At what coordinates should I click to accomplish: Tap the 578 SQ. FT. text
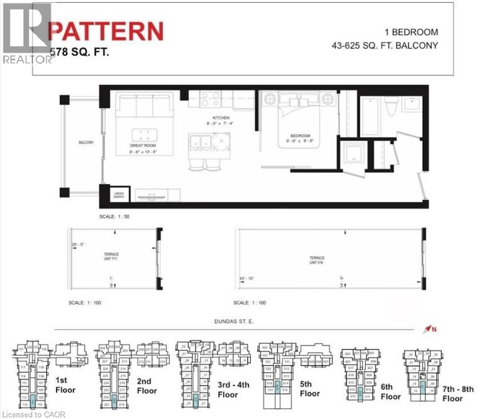pos(79,52)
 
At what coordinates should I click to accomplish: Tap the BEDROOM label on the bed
pos(299,136)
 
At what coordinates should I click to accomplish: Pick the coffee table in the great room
pos(144,136)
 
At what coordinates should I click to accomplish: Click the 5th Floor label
pos(310,389)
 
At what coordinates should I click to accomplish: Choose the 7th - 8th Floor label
pos(458,394)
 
